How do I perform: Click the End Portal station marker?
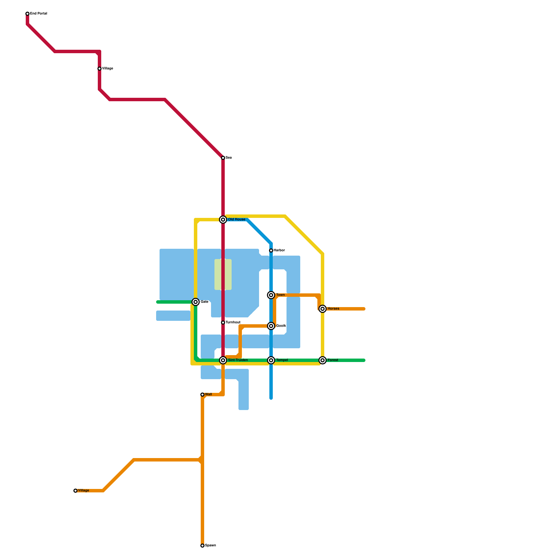27,14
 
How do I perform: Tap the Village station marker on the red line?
100,69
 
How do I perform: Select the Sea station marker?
223,158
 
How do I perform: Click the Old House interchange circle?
223,220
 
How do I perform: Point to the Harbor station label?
279,250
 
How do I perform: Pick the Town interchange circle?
271,295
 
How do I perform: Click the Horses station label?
333,309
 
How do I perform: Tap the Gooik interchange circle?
271,326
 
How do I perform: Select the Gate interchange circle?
196,302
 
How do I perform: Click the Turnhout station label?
233,323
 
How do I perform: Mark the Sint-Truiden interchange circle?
223,360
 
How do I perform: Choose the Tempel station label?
282,360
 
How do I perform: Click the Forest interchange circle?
323,360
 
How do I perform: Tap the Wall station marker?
202,395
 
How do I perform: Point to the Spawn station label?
210,546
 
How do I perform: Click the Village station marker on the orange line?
75,491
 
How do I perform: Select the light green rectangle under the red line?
223,274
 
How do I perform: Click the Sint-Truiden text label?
238,360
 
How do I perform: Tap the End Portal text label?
38,14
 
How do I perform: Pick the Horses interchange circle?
323,309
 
